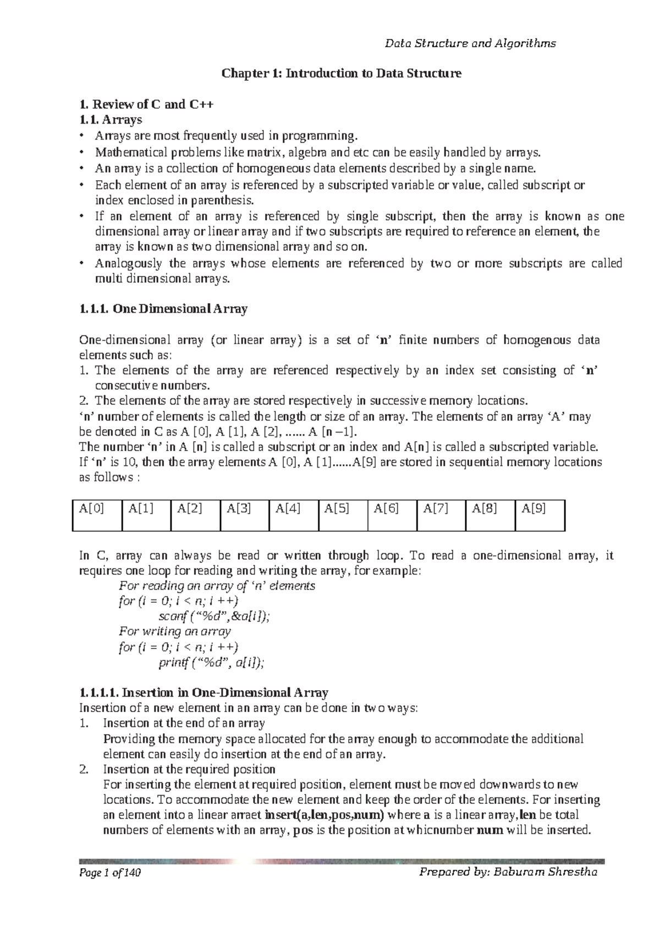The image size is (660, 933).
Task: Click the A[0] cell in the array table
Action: (97, 515)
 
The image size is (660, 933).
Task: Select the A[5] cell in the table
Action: (343, 515)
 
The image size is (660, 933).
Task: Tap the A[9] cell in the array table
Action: (540, 515)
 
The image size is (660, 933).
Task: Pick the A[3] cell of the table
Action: (244, 515)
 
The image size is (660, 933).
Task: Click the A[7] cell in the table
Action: (441, 515)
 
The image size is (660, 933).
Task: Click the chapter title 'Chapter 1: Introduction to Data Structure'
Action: (341, 73)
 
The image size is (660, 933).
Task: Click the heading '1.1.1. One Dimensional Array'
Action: (163, 309)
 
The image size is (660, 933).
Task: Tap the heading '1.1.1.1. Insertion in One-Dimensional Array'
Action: (204, 692)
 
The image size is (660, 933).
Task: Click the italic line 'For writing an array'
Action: (175, 631)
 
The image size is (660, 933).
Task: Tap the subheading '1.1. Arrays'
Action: (111, 119)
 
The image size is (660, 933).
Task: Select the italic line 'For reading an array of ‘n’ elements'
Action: (217, 586)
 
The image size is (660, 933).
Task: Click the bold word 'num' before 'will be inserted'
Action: (491, 830)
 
